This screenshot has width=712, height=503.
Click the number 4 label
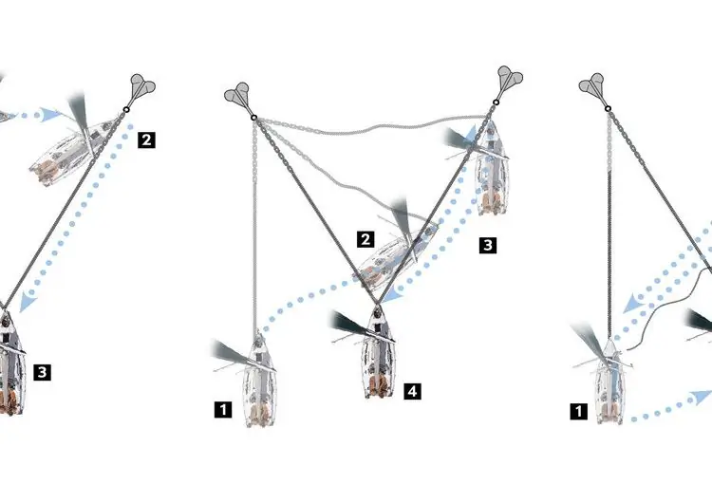(x=412, y=391)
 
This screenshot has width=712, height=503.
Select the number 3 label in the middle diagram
(x=488, y=245)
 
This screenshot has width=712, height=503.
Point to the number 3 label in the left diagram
(x=42, y=372)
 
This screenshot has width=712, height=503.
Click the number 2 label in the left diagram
(x=146, y=140)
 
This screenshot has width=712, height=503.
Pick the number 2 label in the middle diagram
(x=365, y=239)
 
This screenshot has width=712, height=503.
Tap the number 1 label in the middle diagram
(x=223, y=409)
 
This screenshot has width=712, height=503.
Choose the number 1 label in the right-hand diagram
(x=578, y=412)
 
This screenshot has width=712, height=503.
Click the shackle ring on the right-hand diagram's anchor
(x=608, y=108)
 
